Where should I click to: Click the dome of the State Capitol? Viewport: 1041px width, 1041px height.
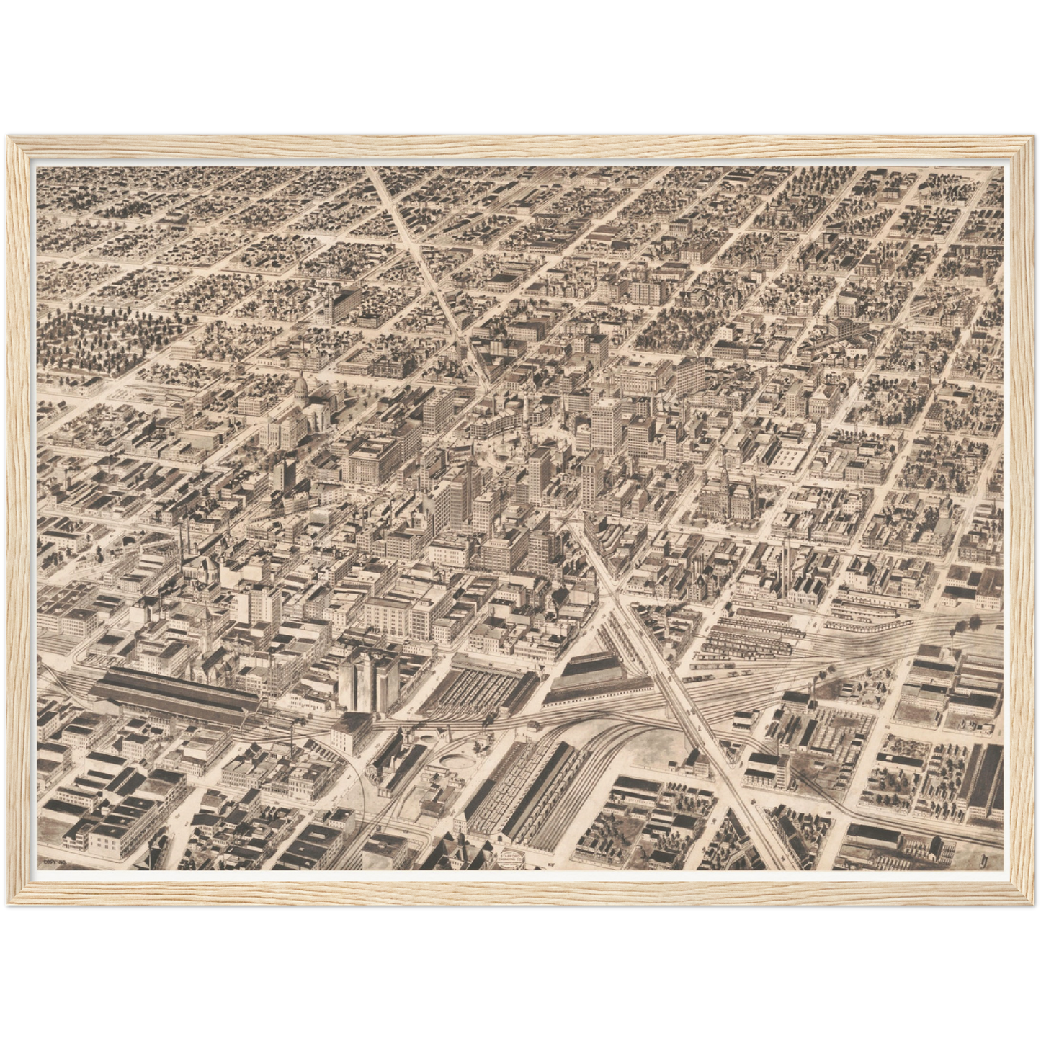tap(300, 387)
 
